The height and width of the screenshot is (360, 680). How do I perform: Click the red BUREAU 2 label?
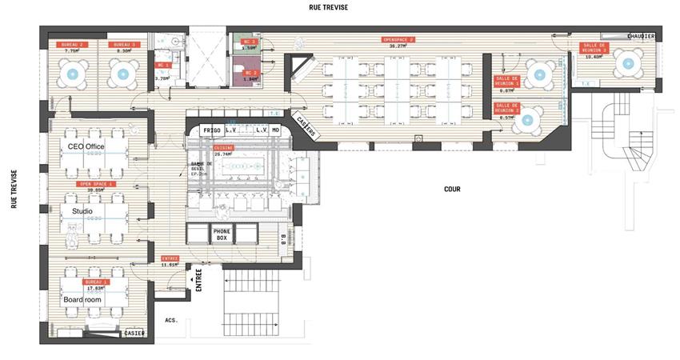click(x=70, y=44)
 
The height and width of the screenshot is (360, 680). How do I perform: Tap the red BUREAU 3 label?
click(x=123, y=44)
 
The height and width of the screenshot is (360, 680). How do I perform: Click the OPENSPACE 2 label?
click(x=398, y=39)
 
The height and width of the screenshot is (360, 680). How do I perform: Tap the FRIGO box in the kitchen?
click(x=211, y=129)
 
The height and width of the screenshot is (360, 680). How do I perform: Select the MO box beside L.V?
click(x=276, y=129)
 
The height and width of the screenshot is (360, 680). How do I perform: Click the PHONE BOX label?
click(x=222, y=234)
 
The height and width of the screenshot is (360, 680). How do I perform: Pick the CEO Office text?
click(x=86, y=147)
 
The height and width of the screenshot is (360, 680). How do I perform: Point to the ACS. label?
click(x=170, y=320)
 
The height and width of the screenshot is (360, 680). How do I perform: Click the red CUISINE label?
click(x=223, y=149)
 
